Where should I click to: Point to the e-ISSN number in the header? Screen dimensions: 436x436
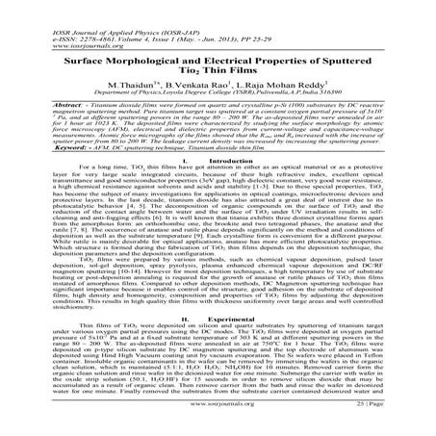57,12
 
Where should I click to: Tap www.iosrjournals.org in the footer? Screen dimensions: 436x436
217,429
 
